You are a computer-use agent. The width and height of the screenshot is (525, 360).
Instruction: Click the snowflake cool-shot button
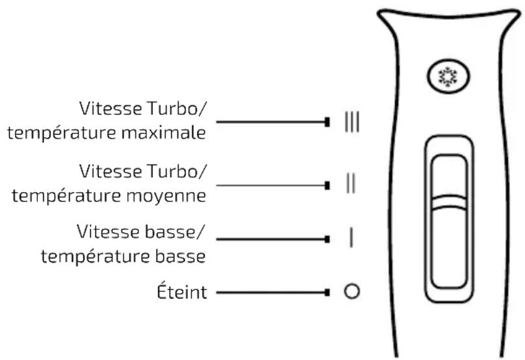[449, 76]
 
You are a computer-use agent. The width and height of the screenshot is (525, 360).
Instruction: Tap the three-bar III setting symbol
[352, 122]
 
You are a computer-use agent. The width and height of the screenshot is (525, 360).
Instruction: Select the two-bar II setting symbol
[351, 183]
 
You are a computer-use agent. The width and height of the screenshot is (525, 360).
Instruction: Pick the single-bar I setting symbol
[351, 237]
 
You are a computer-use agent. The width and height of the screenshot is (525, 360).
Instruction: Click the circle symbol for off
[352, 291]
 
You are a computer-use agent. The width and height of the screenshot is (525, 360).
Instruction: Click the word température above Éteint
[95, 257]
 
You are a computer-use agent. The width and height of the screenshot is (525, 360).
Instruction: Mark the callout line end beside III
[327, 122]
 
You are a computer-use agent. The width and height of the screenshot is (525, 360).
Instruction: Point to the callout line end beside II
[327, 185]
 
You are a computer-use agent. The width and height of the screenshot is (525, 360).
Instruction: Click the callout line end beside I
[327, 239]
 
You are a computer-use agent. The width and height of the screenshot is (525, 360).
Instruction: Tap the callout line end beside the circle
[327, 292]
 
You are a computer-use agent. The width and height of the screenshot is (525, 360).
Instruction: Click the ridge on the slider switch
[449, 202]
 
